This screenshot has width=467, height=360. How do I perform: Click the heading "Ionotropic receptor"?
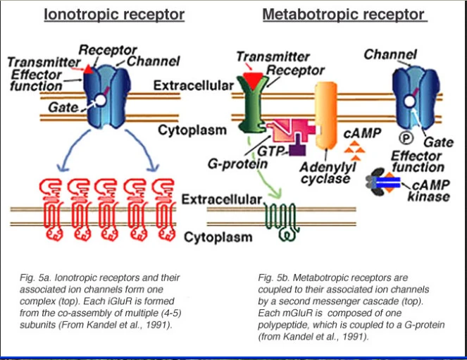(114, 14)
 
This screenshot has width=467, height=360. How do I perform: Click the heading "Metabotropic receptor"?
(343, 14)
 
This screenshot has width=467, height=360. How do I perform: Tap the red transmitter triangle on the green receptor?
(250, 71)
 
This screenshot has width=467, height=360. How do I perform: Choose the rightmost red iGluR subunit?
(163, 204)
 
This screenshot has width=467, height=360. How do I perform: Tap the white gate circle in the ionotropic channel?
(100, 101)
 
